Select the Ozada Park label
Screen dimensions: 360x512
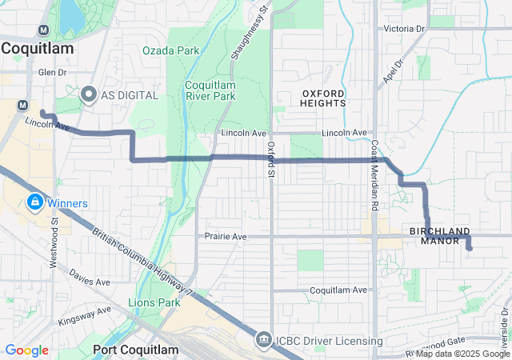(x=170, y=50)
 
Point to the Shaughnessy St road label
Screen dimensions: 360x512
(x=250, y=32)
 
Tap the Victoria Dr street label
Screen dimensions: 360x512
(x=405, y=29)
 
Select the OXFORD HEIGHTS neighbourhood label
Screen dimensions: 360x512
(x=324, y=98)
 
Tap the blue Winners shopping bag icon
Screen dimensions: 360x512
(x=34, y=202)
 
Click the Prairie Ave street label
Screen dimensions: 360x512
(x=226, y=237)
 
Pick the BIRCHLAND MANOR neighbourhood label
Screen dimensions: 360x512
(x=440, y=235)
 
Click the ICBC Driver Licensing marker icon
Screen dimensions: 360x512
(x=263, y=341)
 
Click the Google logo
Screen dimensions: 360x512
(x=26, y=350)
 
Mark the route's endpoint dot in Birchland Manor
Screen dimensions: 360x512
(x=469, y=249)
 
